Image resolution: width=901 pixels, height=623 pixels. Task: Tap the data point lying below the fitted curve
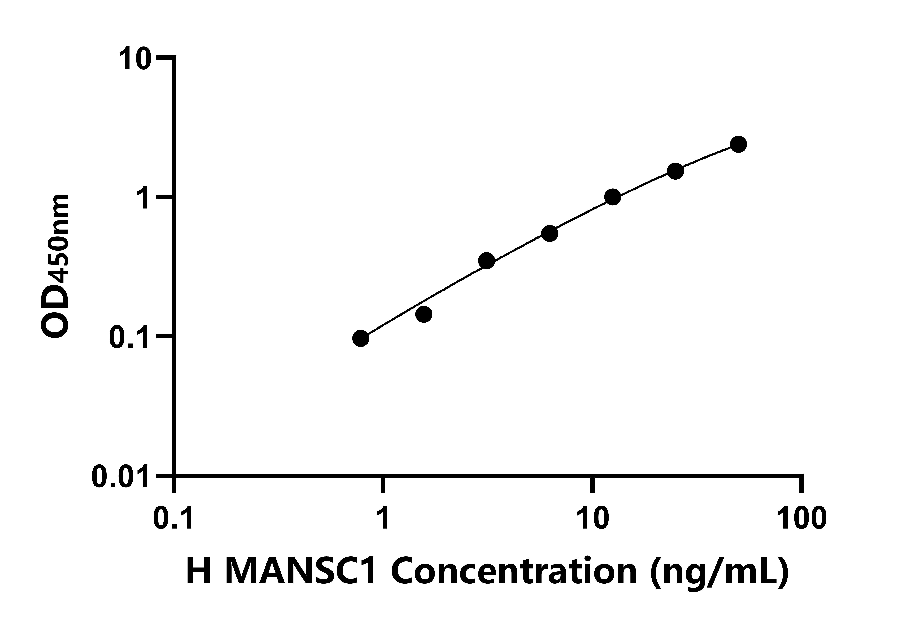(x=423, y=314)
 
